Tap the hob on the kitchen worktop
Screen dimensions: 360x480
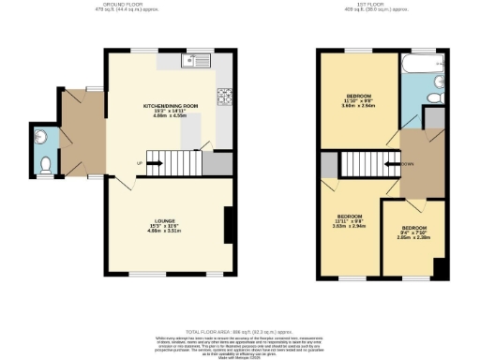click(224, 95)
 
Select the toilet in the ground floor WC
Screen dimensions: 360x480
click(47, 168)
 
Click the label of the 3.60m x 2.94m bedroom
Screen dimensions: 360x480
click(357, 100)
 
